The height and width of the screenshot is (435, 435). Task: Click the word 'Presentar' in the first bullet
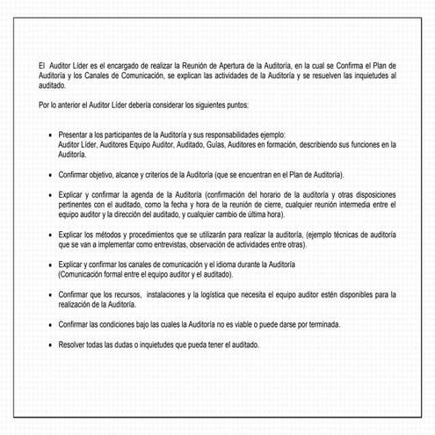point(75,134)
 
